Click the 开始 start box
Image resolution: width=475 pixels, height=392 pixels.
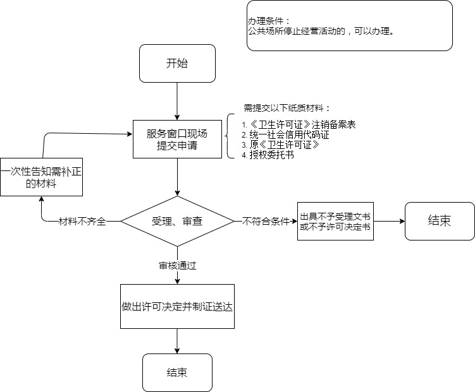click(177, 63)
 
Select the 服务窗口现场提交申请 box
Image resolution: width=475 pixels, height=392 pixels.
click(177, 140)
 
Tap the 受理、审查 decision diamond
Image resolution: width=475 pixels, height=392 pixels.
click(177, 222)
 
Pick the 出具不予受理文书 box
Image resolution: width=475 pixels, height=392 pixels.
click(335, 222)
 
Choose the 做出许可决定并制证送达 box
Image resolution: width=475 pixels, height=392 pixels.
click(177, 306)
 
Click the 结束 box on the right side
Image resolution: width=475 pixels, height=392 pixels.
click(440, 221)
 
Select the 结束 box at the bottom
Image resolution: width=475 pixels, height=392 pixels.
click(177, 372)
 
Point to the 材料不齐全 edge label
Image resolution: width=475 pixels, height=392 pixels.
click(82, 222)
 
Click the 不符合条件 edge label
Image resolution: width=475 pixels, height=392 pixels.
click(266, 222)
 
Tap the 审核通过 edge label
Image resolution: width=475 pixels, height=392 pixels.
click(177, 266)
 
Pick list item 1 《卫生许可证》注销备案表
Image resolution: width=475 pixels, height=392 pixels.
click(299, 125)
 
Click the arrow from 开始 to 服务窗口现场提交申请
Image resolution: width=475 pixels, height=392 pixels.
click(177, 101)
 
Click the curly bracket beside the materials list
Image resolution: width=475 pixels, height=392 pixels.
click(231, 136)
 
